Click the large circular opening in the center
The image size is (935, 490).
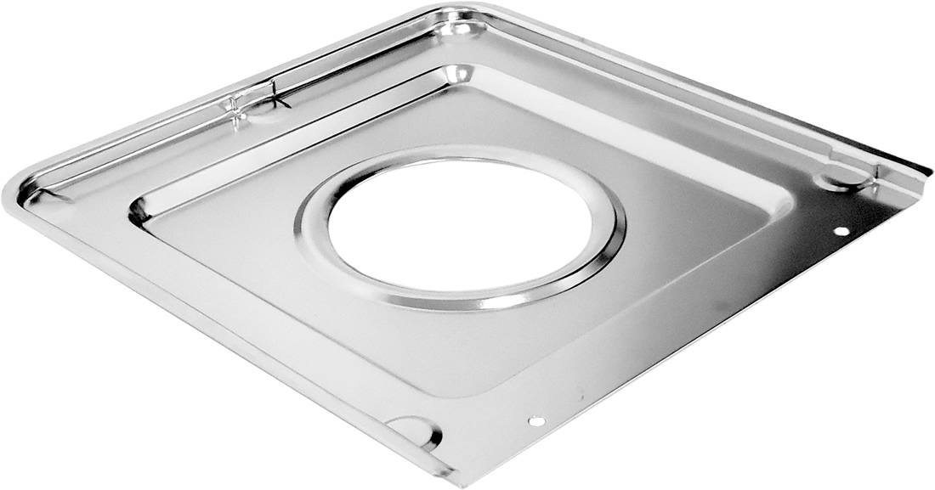tap(460, 223)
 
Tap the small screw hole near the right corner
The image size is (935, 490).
tap(841, 231)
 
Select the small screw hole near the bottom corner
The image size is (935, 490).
tap(535, 421)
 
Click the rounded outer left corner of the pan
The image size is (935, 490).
tap(10, 192)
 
